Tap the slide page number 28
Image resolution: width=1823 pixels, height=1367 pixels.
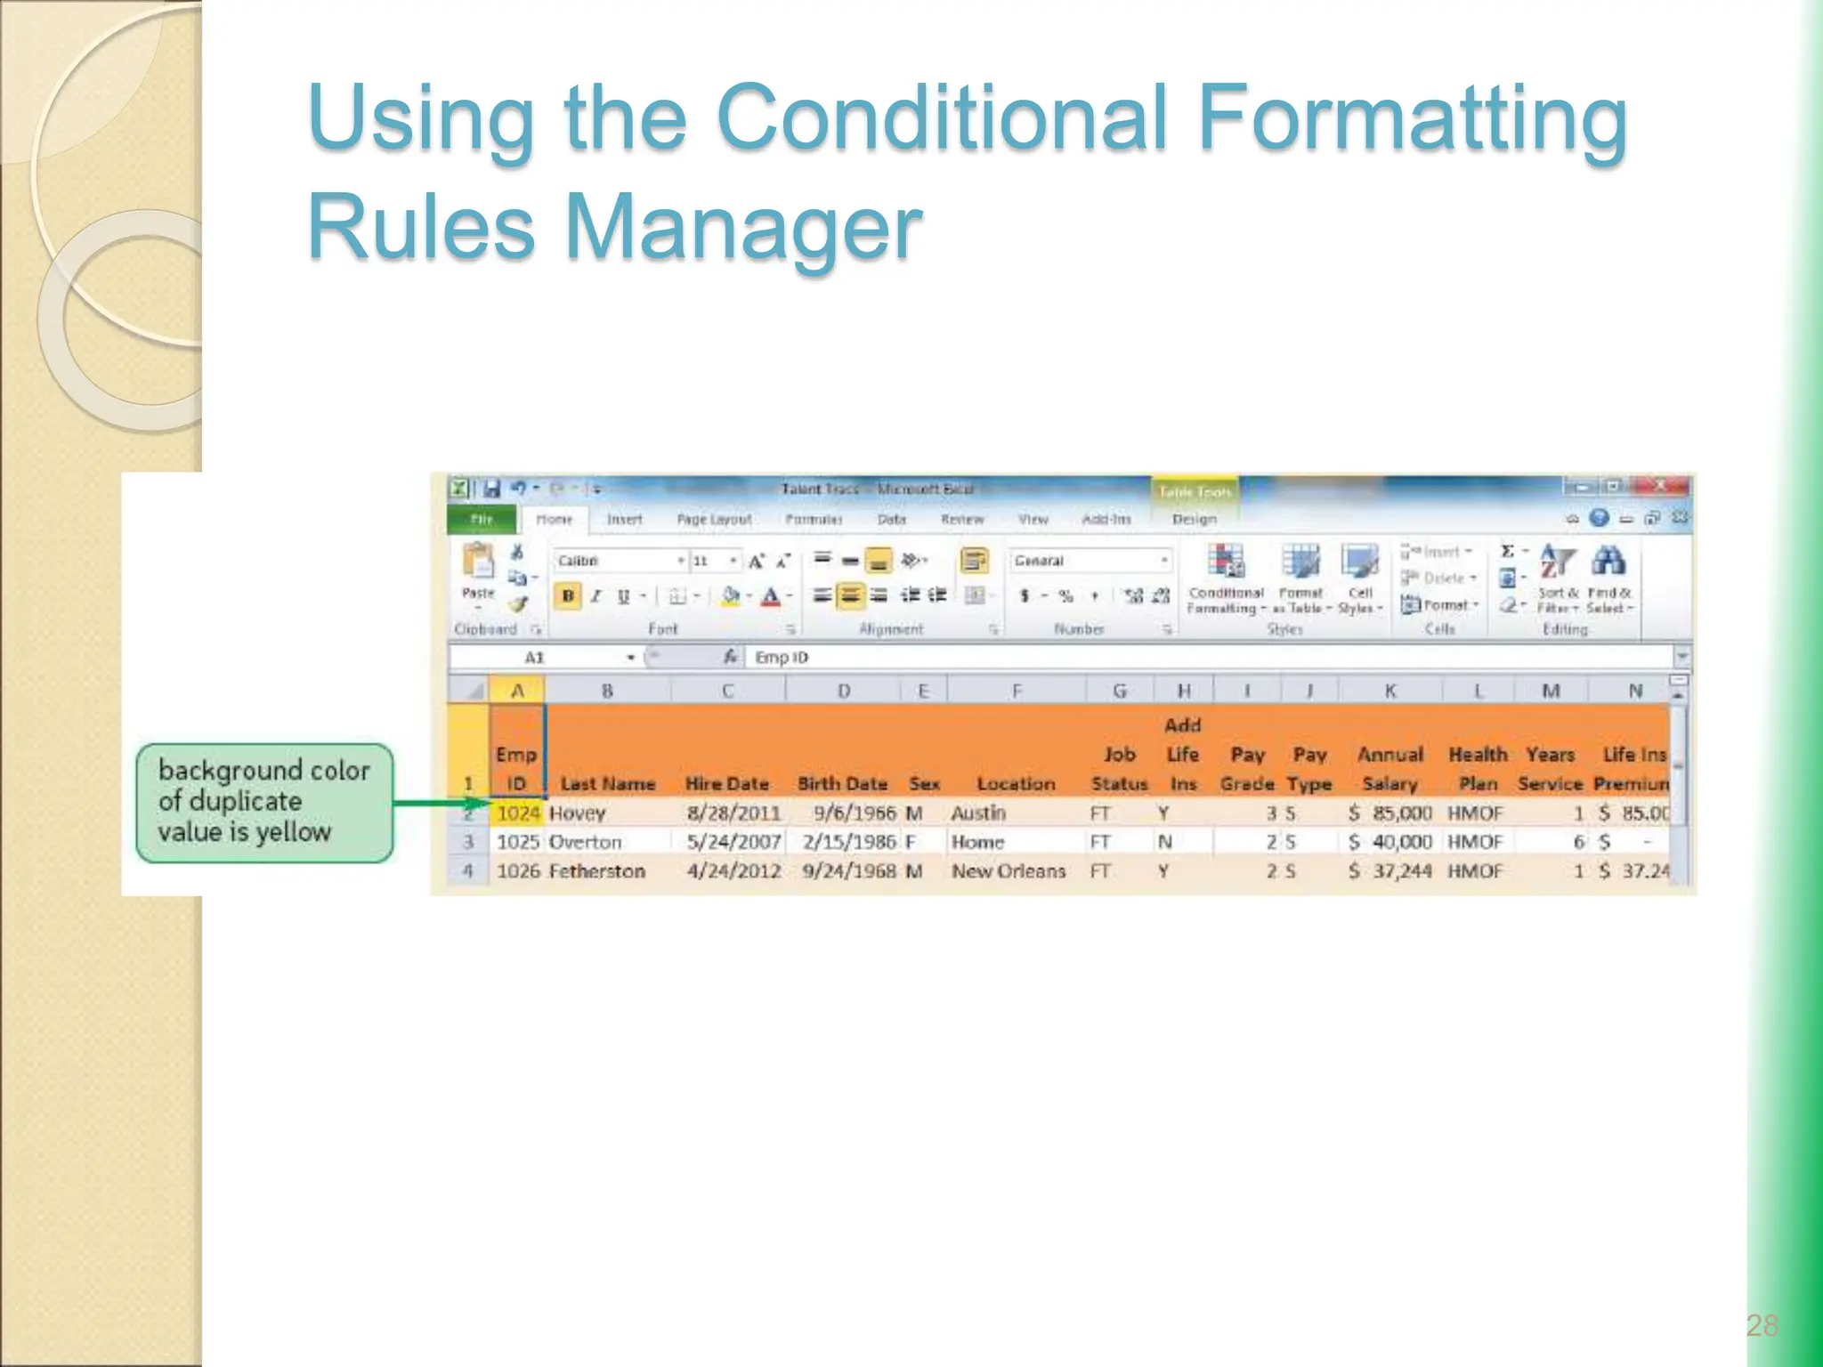tap(1762, 1325)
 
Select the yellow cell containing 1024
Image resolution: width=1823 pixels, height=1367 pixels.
tap(518, 813)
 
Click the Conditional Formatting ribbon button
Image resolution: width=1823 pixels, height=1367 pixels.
tap(1226, 578)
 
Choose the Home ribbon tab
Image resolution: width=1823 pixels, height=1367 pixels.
tap(554, 519)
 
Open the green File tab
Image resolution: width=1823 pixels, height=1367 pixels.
tap(482, 519)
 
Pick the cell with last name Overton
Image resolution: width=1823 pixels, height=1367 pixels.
tap(585, 842)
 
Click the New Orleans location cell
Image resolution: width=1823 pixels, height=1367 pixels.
tap(1008, 870)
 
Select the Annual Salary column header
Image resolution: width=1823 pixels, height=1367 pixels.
tap(1390, 769)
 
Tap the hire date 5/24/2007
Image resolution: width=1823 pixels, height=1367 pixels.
tap(733, 842)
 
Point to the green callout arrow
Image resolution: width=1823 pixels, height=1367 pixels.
tap(441, 803)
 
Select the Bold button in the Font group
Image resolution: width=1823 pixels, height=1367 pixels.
tap(567, 596)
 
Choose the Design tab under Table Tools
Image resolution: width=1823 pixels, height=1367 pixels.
tap(1194, 519)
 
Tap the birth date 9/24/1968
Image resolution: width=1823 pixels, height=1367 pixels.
tap(848, 870)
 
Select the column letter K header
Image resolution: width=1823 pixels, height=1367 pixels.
tap(1390, 691)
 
